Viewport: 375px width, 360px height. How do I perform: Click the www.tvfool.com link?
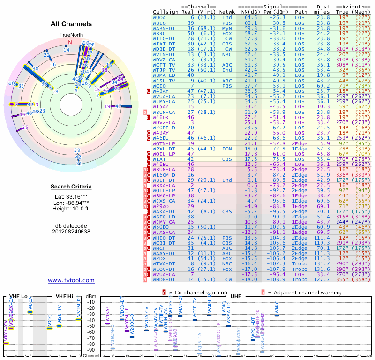(71, 280)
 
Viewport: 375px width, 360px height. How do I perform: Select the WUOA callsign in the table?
(159, 17)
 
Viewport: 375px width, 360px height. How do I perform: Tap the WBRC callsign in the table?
(159, 34)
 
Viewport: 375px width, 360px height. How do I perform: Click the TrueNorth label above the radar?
(71, 35)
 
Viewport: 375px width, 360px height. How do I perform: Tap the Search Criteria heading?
(71, 187)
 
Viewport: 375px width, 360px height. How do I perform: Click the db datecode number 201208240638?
(71, 232)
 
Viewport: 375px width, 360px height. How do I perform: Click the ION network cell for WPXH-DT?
(226, 149)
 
